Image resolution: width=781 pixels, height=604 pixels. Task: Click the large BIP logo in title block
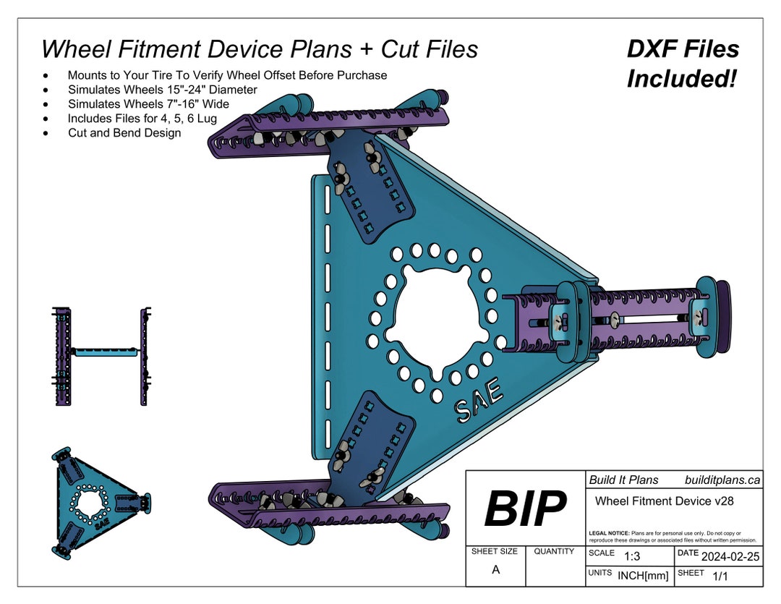click(x=525, y=509)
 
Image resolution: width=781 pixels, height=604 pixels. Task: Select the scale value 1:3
click(x=631, y=556)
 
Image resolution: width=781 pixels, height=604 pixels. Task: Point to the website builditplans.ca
click(x=722, y=480)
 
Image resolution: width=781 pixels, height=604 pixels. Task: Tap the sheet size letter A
click(x=495, y=569)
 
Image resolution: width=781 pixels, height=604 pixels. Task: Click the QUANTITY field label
click(x=554, y=551)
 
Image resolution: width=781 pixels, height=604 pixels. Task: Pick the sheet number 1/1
click(x=720, y=576)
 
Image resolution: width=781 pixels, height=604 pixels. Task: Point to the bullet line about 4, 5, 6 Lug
click(x=142, y=118)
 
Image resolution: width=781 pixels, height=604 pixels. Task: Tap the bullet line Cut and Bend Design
click(x=124, y=132)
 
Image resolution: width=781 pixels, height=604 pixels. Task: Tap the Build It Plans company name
click(x=623, y=480)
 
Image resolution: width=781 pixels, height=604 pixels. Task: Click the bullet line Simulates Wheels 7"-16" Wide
click(x=148, y=104)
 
